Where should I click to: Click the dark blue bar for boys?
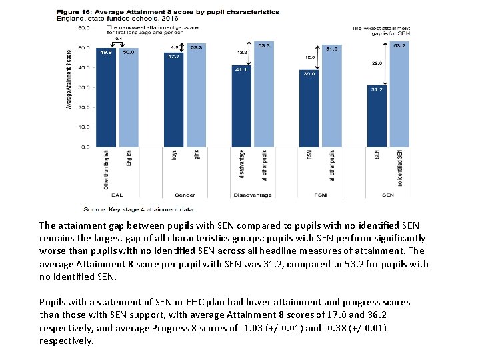175,100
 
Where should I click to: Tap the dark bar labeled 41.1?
241,107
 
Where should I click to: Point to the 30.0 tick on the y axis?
85,87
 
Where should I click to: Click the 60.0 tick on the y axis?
85,28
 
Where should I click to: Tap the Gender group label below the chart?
185,195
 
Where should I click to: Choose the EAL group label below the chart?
117,195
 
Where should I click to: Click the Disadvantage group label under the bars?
252,195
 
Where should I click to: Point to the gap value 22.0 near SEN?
376,63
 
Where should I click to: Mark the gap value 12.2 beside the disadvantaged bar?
243,52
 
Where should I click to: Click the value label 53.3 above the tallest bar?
264,45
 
